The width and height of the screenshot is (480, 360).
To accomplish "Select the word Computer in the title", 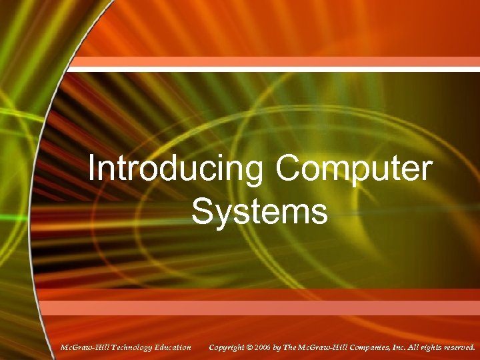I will point(354,169).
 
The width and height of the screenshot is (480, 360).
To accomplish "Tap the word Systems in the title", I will point(260,211).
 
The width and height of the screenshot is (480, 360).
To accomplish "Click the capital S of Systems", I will point(202,211).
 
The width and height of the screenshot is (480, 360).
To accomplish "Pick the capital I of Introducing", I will point(92,169).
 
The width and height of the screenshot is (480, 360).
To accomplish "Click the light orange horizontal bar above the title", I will point(273,63).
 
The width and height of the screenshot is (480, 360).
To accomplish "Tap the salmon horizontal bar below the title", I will point(273,307).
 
